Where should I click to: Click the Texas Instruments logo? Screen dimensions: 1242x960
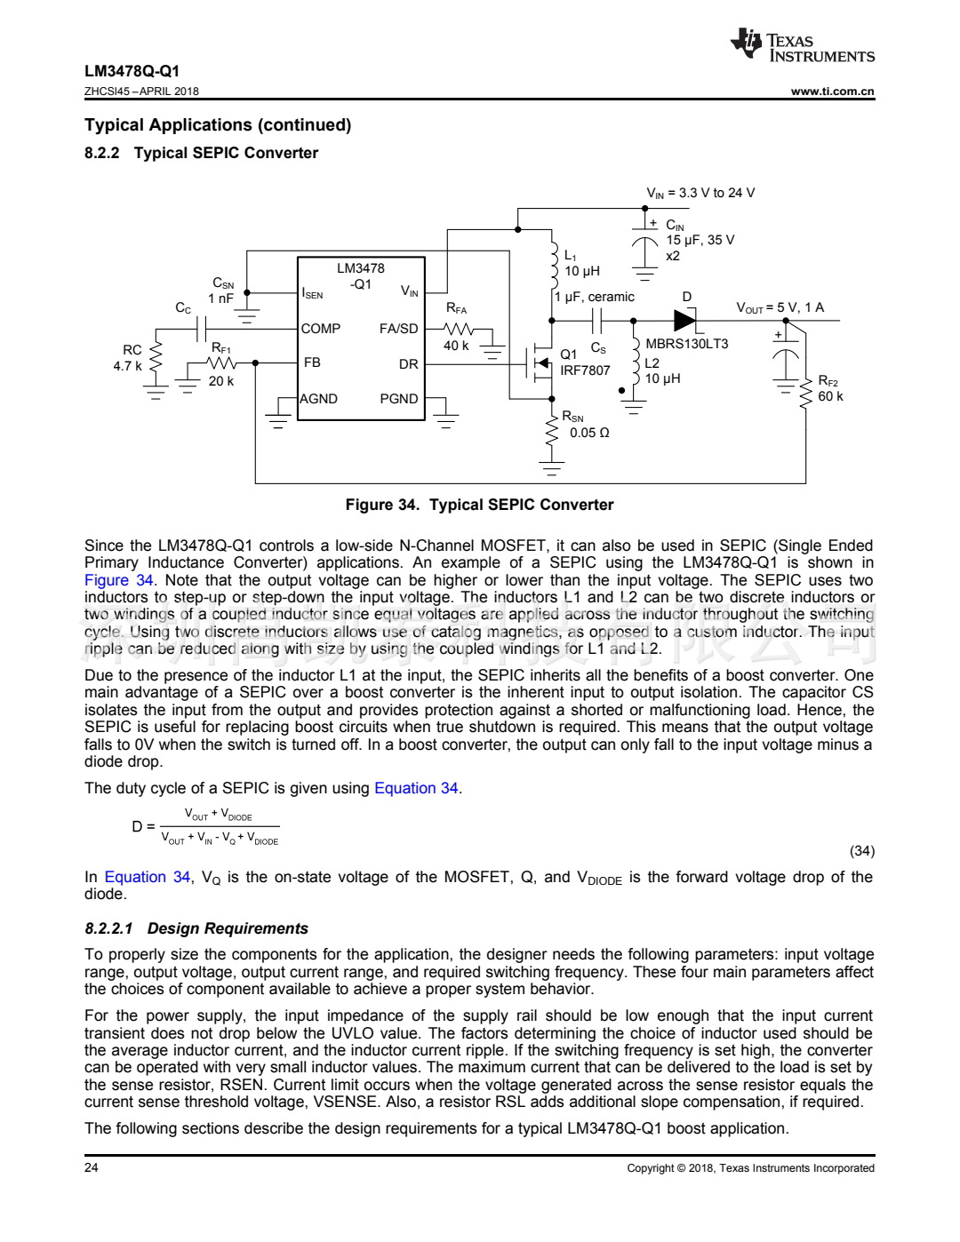tap(802, 46)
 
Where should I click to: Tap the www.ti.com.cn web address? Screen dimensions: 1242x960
tap(832, 92)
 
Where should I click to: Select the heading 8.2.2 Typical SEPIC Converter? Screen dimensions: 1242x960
tap(201, 153)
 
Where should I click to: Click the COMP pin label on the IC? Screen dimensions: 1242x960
tap(321, 329)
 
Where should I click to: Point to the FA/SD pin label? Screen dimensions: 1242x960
tap(398, 329)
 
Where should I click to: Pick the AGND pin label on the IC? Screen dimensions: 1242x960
tap(318, 399)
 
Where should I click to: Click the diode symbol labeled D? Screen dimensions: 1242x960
tap(684, 320)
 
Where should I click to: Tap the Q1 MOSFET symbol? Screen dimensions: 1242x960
tap(540, 362)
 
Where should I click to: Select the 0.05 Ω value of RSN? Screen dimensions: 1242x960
tap(589, 433)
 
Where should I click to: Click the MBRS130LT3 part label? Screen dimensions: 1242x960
tap(686, 344)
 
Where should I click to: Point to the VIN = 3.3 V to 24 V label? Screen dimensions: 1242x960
tap(700, 193)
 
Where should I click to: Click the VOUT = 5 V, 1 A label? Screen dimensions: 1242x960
tap(780, 307)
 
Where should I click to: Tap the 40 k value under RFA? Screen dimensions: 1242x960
tap(456, 346)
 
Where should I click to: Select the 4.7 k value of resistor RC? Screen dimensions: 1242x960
tap(127, 366)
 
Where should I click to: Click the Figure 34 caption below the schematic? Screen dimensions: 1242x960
tap(479, 505)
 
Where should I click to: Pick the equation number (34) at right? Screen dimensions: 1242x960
tap(861, 851)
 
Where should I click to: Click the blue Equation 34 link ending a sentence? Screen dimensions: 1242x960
tap(416, 788)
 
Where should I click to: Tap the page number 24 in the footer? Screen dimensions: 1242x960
tap(92, 1167)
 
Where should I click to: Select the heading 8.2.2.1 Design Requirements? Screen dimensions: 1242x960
tap(196, 928)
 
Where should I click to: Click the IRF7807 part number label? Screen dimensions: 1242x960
tap(585, 370)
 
